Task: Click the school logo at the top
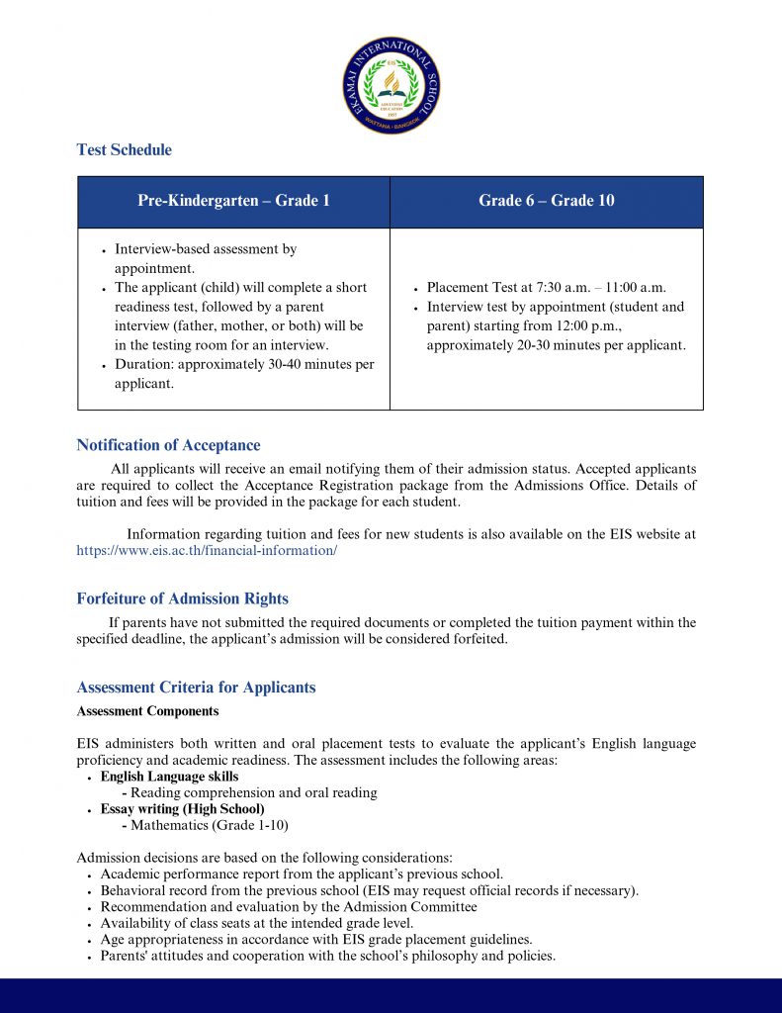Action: (x=391, y=85)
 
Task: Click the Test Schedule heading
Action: (x=124, y=150)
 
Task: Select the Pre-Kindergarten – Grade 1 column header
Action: (x=233, y=201)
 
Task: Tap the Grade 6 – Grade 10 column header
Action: (x=546, y=201)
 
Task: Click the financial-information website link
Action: (x=207, y=550)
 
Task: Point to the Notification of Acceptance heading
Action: (x=168, y=445)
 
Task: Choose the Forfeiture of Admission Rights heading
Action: (x=182, y=599)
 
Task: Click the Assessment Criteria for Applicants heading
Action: (x=196, y=688)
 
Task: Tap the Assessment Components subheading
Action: (x=147, y=711)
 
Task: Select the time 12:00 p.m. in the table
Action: (x=599, y=326)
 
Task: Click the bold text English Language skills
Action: (x=169, y=777)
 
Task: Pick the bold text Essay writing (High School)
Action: (x=182, y=808)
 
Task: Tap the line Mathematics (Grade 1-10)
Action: (x=209, y=824)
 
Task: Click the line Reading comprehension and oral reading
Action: (x=253, y=792)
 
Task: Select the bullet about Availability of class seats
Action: (x=257, y=923)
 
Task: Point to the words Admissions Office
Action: (x=575, y=485)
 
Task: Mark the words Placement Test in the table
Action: (x=466, y=288)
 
